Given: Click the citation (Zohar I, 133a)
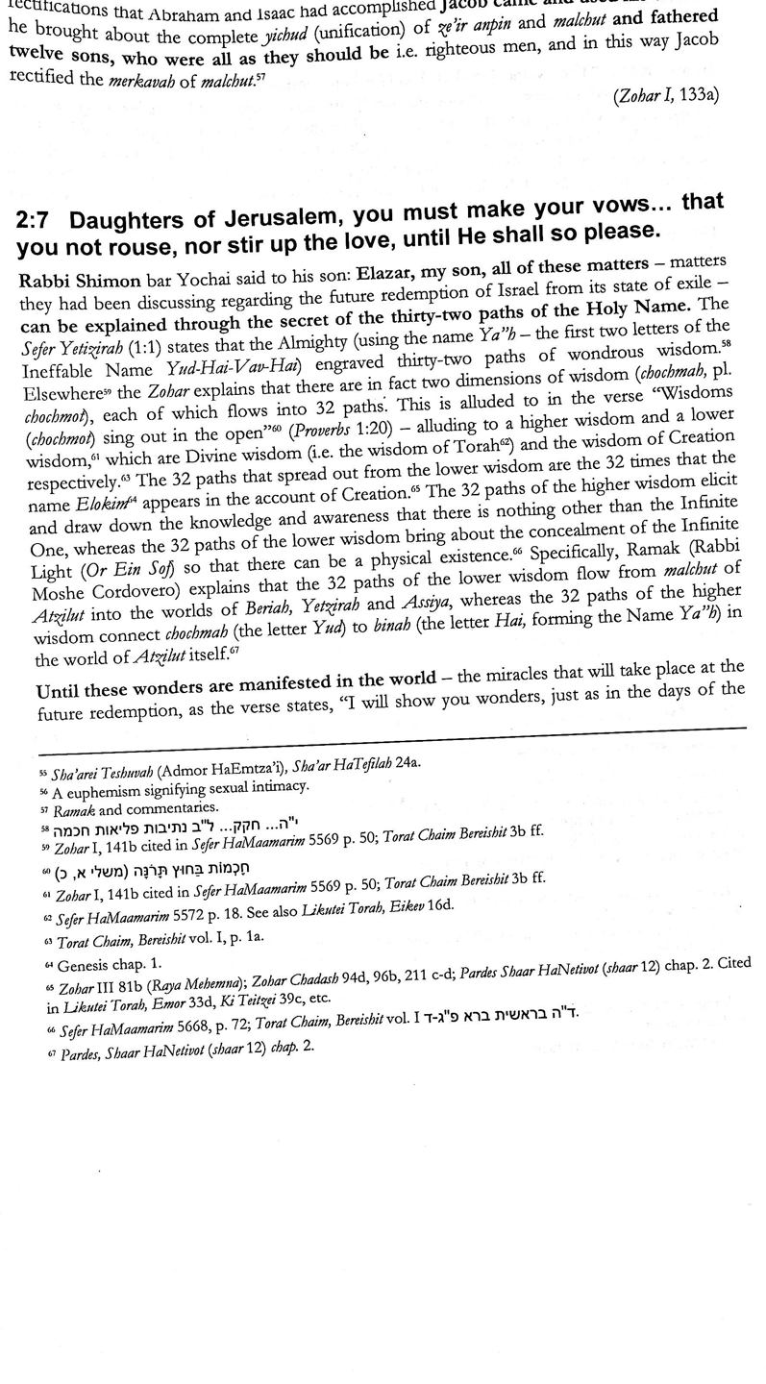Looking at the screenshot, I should pos(664,95).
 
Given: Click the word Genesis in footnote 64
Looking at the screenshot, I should pos(86,965).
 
